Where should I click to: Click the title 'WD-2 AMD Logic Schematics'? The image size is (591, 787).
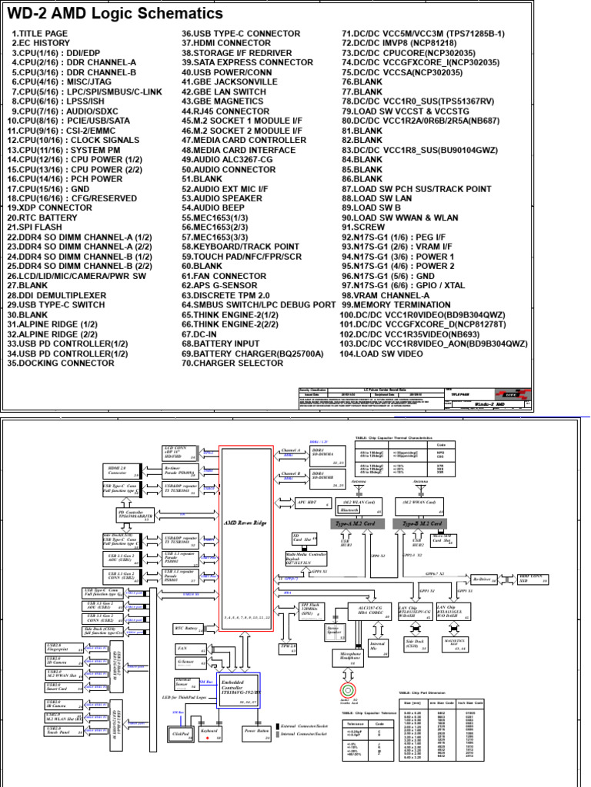115,14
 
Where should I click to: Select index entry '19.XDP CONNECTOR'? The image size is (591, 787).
49,208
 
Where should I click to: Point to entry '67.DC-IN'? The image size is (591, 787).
202,334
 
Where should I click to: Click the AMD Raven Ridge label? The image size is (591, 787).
245,522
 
